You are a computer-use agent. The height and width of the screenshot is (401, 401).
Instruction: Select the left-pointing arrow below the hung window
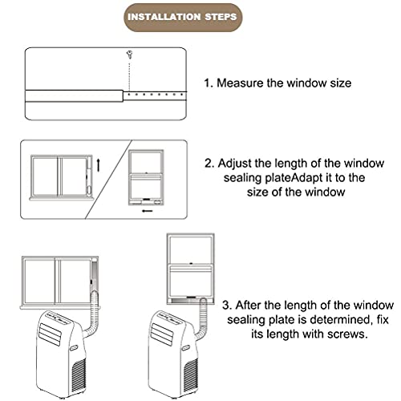point(147,214)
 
